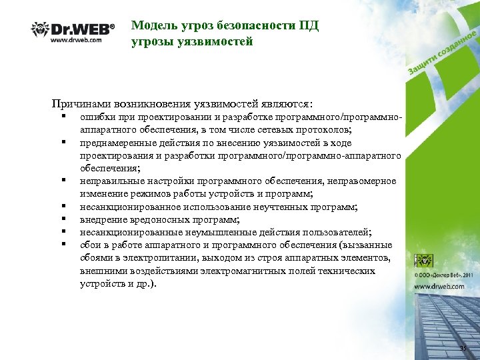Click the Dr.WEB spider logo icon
pyautogui.click(x=41, y=30)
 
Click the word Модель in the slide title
pyautogui.click(x=153, y=26)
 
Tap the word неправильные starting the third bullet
pyautogui.click(x=111, y=181)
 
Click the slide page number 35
pyautogui.click(x=464, y=350)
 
